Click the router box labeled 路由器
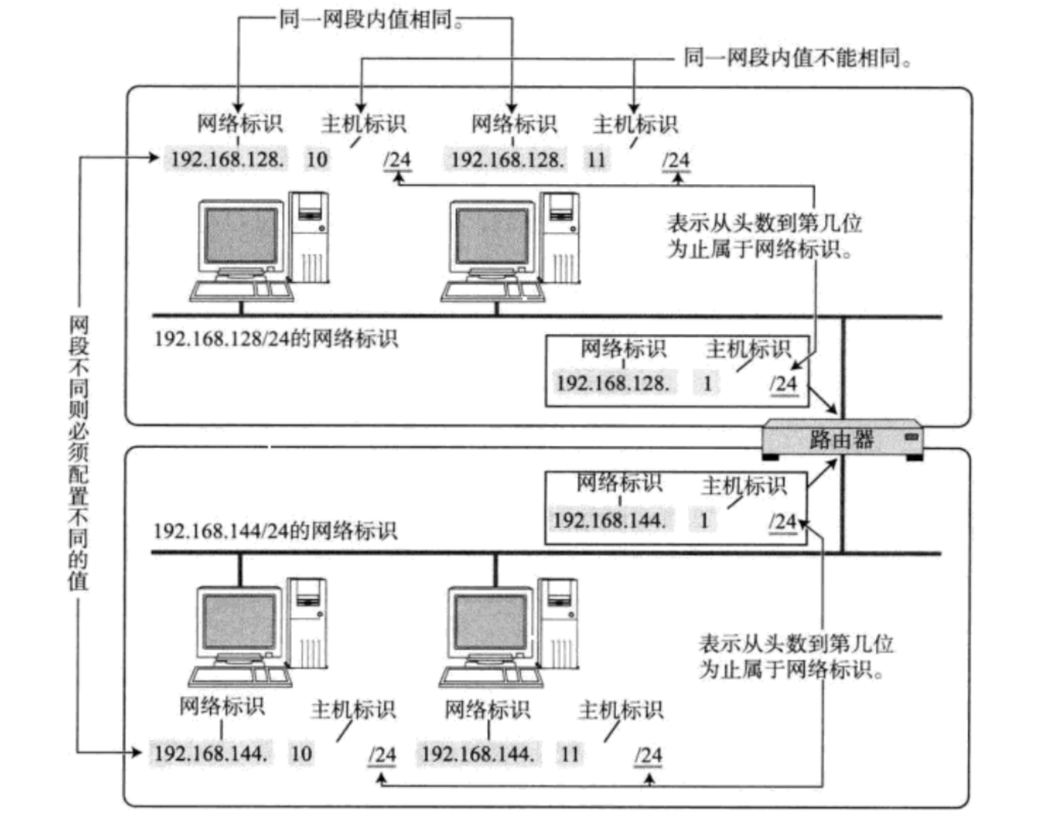coord(842,439)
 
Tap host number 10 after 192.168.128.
coord(317,159)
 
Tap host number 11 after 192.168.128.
coord(596,160)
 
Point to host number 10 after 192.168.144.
coord(301,753)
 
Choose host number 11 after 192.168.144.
coord(569,754)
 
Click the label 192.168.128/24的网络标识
coord(276,339)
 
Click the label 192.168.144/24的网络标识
coord(275,530)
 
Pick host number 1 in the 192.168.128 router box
coord(708,384)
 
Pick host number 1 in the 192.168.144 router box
coord(704,521)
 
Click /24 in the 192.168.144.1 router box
coord(782,522)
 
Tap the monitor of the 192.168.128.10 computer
coord(240,236)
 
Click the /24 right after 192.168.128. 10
coord(397,160)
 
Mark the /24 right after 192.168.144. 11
coord(648,755)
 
